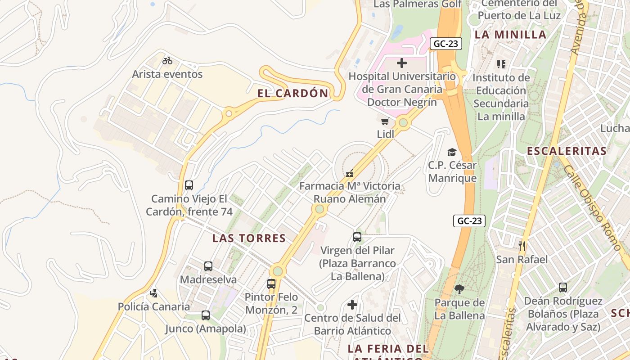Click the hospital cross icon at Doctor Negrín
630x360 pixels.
(402, 63)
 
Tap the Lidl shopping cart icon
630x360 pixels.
(385, 121)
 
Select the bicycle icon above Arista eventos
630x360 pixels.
(167, 60)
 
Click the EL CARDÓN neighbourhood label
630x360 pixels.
(293, 93)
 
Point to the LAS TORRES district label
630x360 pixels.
(249, 238)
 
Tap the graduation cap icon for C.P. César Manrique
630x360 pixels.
(452, 153)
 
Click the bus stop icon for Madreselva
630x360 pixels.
(208, 266)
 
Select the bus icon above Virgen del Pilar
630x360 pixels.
(357, 237)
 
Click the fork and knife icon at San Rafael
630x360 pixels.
(522, 246)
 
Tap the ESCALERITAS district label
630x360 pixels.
(567, 151)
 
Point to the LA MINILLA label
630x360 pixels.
(510, 35)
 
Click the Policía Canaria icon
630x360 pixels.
(154, 293)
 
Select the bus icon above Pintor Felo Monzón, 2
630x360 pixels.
(271, 284)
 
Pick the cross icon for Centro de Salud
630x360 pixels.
(352, 305)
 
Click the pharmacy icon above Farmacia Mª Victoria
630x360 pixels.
(349, 173)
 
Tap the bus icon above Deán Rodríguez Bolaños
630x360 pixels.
(563, 288)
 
